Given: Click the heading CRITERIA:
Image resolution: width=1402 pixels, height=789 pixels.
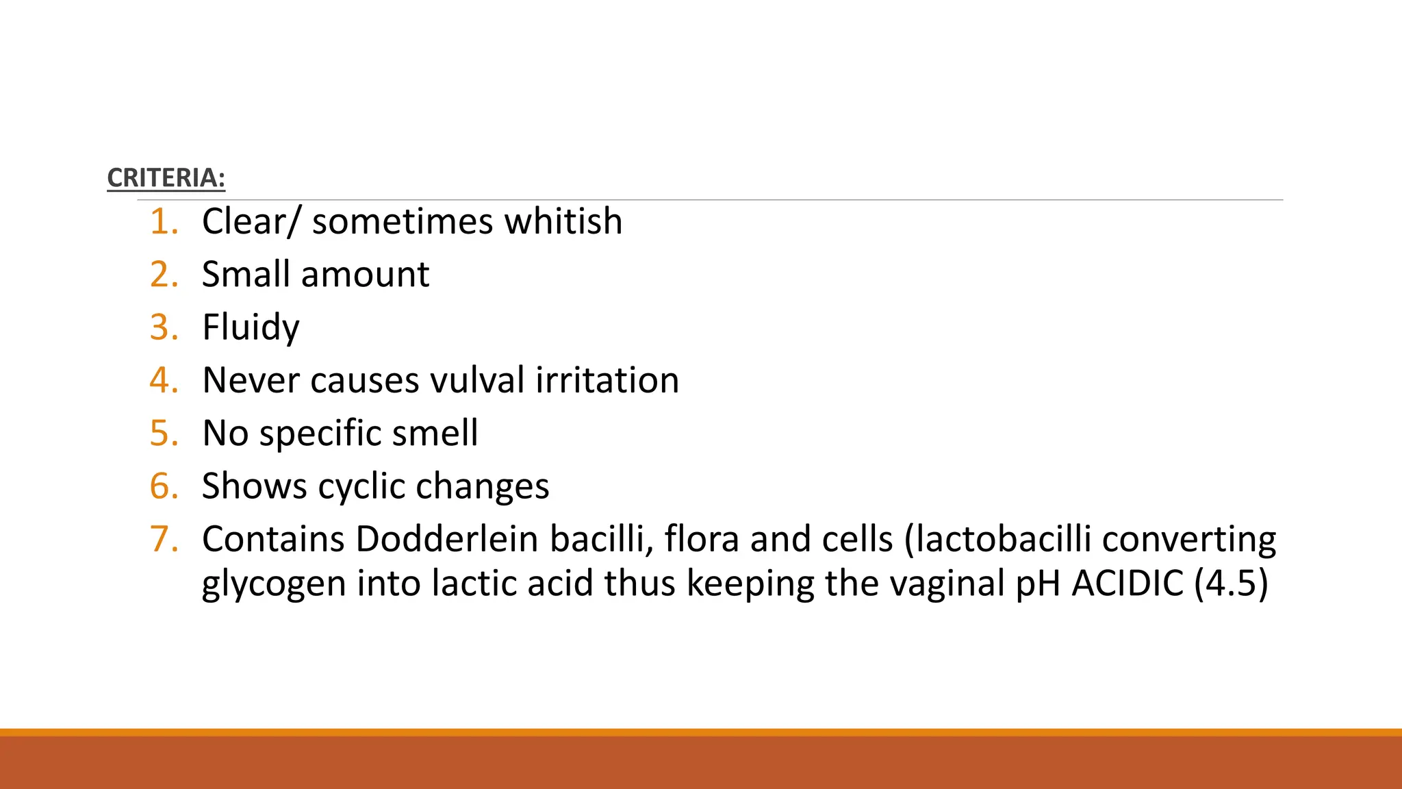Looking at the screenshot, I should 166,178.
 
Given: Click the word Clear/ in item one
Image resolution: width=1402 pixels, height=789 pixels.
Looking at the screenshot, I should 251,222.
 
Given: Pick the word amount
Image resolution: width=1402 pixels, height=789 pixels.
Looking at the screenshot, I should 365,275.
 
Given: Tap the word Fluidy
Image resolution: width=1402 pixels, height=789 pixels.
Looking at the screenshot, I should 251,327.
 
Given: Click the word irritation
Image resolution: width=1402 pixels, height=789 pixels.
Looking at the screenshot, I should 607,380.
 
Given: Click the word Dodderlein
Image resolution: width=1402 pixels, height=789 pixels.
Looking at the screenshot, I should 446,539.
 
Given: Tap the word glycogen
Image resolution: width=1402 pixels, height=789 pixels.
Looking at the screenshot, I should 273,584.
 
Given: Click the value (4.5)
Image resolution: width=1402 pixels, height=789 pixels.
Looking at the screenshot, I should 1231,584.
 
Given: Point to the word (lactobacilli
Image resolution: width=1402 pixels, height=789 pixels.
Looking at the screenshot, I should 997,539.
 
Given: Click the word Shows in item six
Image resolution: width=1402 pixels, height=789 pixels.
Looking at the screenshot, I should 254,486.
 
